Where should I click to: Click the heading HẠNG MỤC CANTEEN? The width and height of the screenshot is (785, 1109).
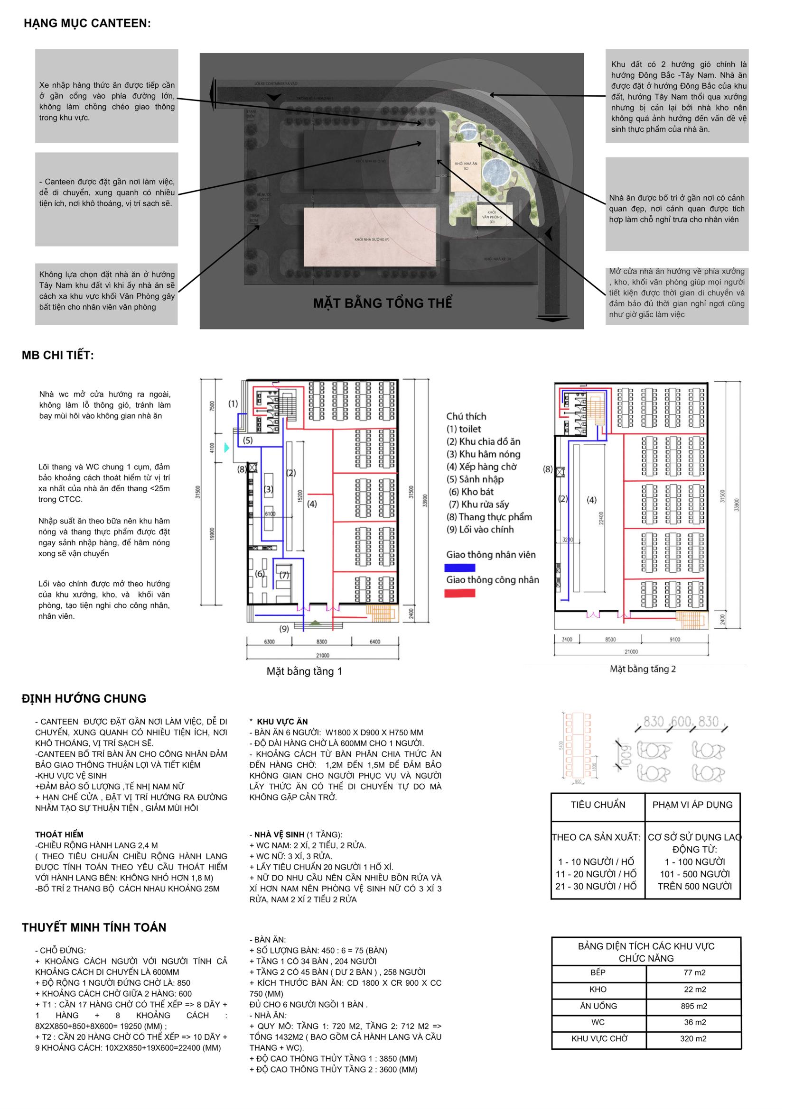click(87, 23)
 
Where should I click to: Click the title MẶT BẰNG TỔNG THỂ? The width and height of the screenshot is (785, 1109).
click(383, 303)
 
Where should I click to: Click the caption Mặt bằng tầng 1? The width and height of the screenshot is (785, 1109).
click(304, 671)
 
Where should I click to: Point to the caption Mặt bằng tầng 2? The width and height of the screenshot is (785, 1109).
click(643, 669)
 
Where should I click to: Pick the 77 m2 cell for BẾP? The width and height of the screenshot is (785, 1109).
click(694, 972)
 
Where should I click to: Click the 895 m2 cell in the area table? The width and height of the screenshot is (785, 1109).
click(694, 1006)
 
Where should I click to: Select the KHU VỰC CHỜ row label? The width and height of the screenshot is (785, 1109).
click(599, 1038)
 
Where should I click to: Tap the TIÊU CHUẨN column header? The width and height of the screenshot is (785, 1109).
click(598, 805)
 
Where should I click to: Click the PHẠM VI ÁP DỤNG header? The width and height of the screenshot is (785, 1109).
click(692, 805)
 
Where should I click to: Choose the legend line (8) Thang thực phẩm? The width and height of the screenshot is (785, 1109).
click(489, 517)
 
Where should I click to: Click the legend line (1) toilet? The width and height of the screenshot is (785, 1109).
click(464, 429)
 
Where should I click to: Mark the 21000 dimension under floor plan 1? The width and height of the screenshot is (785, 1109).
click(322, 655)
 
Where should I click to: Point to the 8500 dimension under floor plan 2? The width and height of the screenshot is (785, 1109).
click(610, 640)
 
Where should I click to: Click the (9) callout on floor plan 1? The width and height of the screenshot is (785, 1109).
click(284, 628)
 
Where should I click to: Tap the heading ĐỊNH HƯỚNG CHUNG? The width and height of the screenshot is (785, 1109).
click(84, 698)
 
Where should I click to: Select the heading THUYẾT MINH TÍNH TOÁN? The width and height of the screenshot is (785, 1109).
click(94, 927)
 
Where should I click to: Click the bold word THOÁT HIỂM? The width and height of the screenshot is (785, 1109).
click(59, 834)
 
